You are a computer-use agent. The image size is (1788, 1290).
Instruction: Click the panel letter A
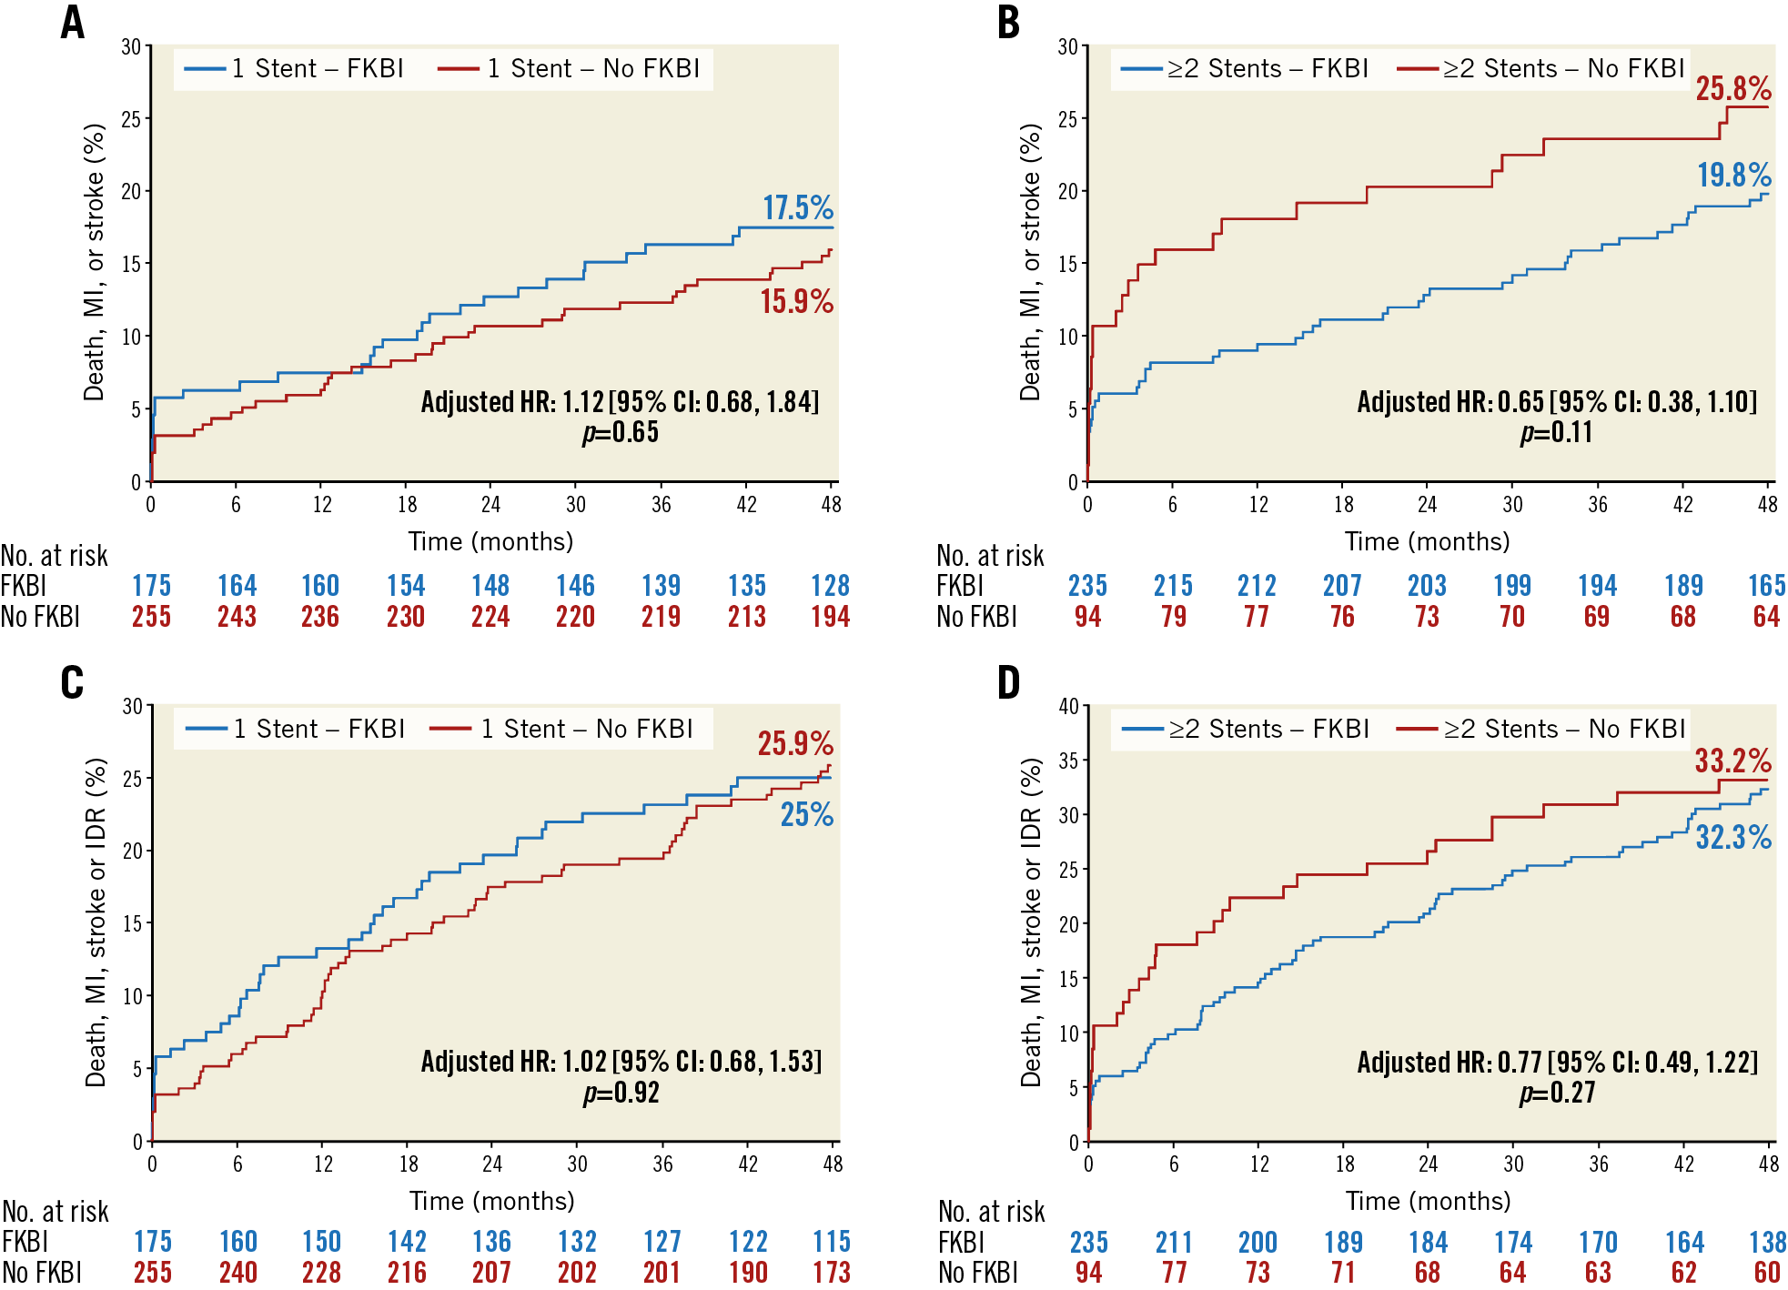(x=73, y=23)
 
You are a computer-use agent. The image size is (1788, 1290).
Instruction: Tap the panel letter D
(x=1009, y=682)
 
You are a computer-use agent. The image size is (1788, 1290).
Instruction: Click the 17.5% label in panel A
(x=797, y=208)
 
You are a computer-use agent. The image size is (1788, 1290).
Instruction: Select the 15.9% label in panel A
(x=796, y=302)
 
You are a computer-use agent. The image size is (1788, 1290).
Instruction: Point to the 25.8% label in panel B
(x=1732, y=89)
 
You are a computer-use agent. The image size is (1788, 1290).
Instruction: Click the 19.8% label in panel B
(x=1733, y=175)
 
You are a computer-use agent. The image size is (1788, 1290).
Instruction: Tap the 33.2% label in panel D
(x=1732, y=761)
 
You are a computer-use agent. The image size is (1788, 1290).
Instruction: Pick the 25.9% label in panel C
(x=795, y=744)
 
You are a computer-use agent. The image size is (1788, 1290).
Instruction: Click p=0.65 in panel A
(x=621, y=432)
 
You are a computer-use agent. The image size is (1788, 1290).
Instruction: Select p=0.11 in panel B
(x=1556, y=432)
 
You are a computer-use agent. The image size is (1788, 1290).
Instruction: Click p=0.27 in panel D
(x=1557, y=1093)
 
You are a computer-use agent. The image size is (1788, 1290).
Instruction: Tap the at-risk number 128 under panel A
(x=830, y=586)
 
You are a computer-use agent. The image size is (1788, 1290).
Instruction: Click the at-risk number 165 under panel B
(x=1766, y=586)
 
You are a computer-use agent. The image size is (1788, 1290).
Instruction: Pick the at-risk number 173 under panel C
(x=831, y=1272)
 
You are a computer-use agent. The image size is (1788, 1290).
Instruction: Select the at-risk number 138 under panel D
(x=1767, y=1242)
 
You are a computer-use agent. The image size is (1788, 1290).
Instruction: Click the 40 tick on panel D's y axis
(x=1068, y=706)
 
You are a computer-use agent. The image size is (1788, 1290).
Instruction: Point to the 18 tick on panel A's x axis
(x=407, y=504)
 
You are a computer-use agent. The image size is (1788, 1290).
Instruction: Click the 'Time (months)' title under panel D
(x=1428, y=1201)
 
